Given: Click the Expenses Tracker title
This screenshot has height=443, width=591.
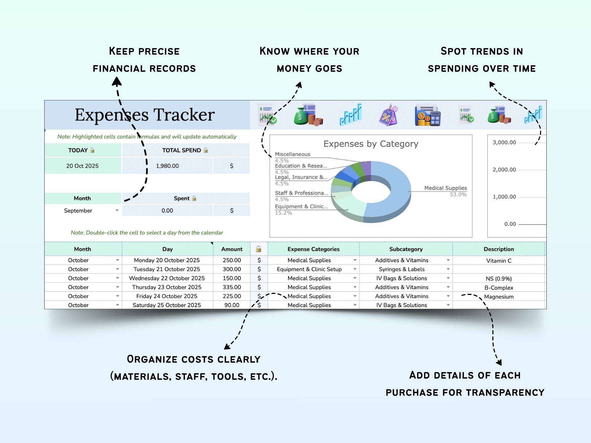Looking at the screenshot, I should tap(144, 115).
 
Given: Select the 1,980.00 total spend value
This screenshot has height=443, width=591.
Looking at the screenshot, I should tap(167, 166).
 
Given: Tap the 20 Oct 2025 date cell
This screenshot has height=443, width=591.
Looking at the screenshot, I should tap(82, 166).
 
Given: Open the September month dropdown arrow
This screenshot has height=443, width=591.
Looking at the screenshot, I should tap(117, 211).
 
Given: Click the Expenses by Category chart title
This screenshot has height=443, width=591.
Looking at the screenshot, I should tap(371, 144).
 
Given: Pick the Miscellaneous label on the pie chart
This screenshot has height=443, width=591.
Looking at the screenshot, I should tap(293, 154).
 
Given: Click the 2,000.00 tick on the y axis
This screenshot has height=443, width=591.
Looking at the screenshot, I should tap(504, 170).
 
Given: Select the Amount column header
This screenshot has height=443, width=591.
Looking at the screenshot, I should tap(232, 249).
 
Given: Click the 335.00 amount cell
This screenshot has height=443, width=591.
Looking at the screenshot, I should tap(232, 287).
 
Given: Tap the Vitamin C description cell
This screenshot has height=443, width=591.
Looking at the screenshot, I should tap(499, 260).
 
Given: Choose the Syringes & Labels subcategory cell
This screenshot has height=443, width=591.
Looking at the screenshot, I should tap(402, 269).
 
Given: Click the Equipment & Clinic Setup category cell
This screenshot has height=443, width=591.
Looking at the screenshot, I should tap(309, 269).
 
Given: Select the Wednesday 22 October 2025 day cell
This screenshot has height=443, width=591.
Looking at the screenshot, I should tap(167, 278).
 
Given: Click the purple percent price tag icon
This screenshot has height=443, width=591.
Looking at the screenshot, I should tap(389, 115).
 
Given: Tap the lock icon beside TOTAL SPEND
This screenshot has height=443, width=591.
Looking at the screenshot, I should tap(206, 150).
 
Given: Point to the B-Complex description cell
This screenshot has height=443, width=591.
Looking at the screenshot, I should tap(499, 287).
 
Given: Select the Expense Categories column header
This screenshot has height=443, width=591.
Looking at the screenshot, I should tap(313, 249).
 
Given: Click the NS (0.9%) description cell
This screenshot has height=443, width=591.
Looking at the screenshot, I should tap(499, 278).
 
